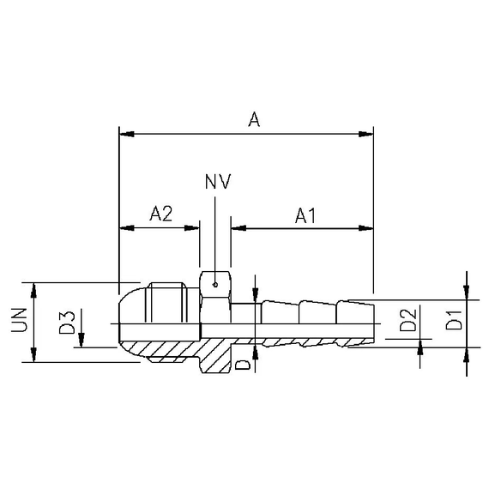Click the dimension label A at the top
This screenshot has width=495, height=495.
(254, 120)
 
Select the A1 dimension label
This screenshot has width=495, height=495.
(305, 215)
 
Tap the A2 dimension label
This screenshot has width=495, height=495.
(161, 214)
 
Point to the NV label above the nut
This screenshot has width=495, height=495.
(218, 181)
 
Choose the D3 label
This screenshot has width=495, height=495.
(67, 323)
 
